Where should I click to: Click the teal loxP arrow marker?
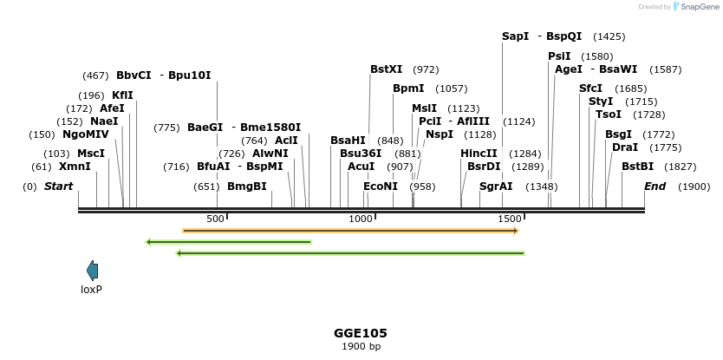click(x=93, y=271)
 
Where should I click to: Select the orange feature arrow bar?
click(x=350, y=231)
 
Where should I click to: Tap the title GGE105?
click(x=361, y=333)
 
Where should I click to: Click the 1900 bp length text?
click(x=361, y=347)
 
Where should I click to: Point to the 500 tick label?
click(x=215, y=219)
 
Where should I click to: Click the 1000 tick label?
click(x=360, y=219)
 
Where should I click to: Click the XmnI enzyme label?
click(x=75, y=167)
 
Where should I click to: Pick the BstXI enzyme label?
click(x=387, y=69)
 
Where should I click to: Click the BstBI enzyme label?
click(x=637, y=167)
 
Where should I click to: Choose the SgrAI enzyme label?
click(x=496, y=187)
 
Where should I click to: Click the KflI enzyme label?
click(x=122, y=95)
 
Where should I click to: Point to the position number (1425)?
click(x=609, y=36)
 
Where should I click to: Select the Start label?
click(x=58, y=187)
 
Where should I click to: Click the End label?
click(x=655, y=187)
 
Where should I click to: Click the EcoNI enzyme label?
click(x=381, y=187)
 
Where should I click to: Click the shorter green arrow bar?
click(x=229, y=242)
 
